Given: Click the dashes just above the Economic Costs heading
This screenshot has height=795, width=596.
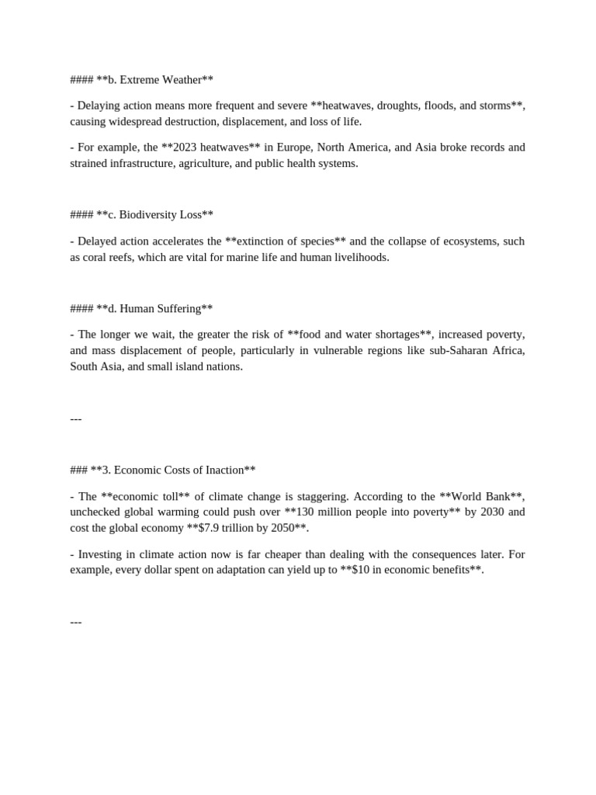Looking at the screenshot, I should coord(76,418).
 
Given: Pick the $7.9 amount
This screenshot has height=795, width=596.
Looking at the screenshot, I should coord(212,528).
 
